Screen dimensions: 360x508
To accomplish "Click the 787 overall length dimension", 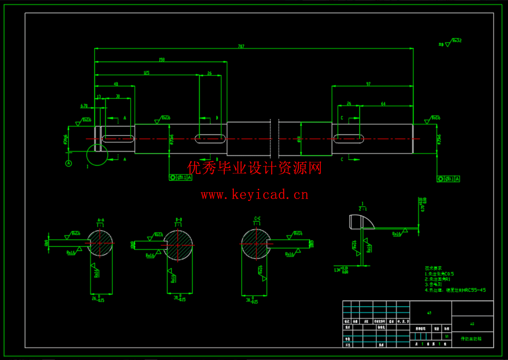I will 241,46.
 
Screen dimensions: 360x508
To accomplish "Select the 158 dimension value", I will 162,60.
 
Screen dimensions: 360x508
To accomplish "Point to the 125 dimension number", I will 146,73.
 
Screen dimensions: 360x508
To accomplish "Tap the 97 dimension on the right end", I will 368,84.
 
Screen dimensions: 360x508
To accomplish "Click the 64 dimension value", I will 383,104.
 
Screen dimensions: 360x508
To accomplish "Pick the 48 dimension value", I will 116,84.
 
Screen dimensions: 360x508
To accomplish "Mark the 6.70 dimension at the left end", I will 84,106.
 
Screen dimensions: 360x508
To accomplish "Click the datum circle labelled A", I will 69,163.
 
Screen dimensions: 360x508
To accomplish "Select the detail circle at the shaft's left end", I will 97,155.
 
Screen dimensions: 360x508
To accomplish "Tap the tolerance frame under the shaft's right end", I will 448,179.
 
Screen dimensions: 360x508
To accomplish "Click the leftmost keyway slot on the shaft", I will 118,139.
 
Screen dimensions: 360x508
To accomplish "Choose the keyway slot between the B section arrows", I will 210,139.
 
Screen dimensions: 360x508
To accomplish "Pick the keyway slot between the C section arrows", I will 348,139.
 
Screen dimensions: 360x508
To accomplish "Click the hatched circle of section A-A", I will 100,243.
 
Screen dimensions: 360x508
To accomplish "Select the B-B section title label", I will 179,220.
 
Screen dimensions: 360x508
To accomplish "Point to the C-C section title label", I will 257,218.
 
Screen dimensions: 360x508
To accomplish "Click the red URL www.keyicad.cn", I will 254,195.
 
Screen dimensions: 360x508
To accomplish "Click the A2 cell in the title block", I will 472,324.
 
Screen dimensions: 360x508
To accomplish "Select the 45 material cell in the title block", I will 429,313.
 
